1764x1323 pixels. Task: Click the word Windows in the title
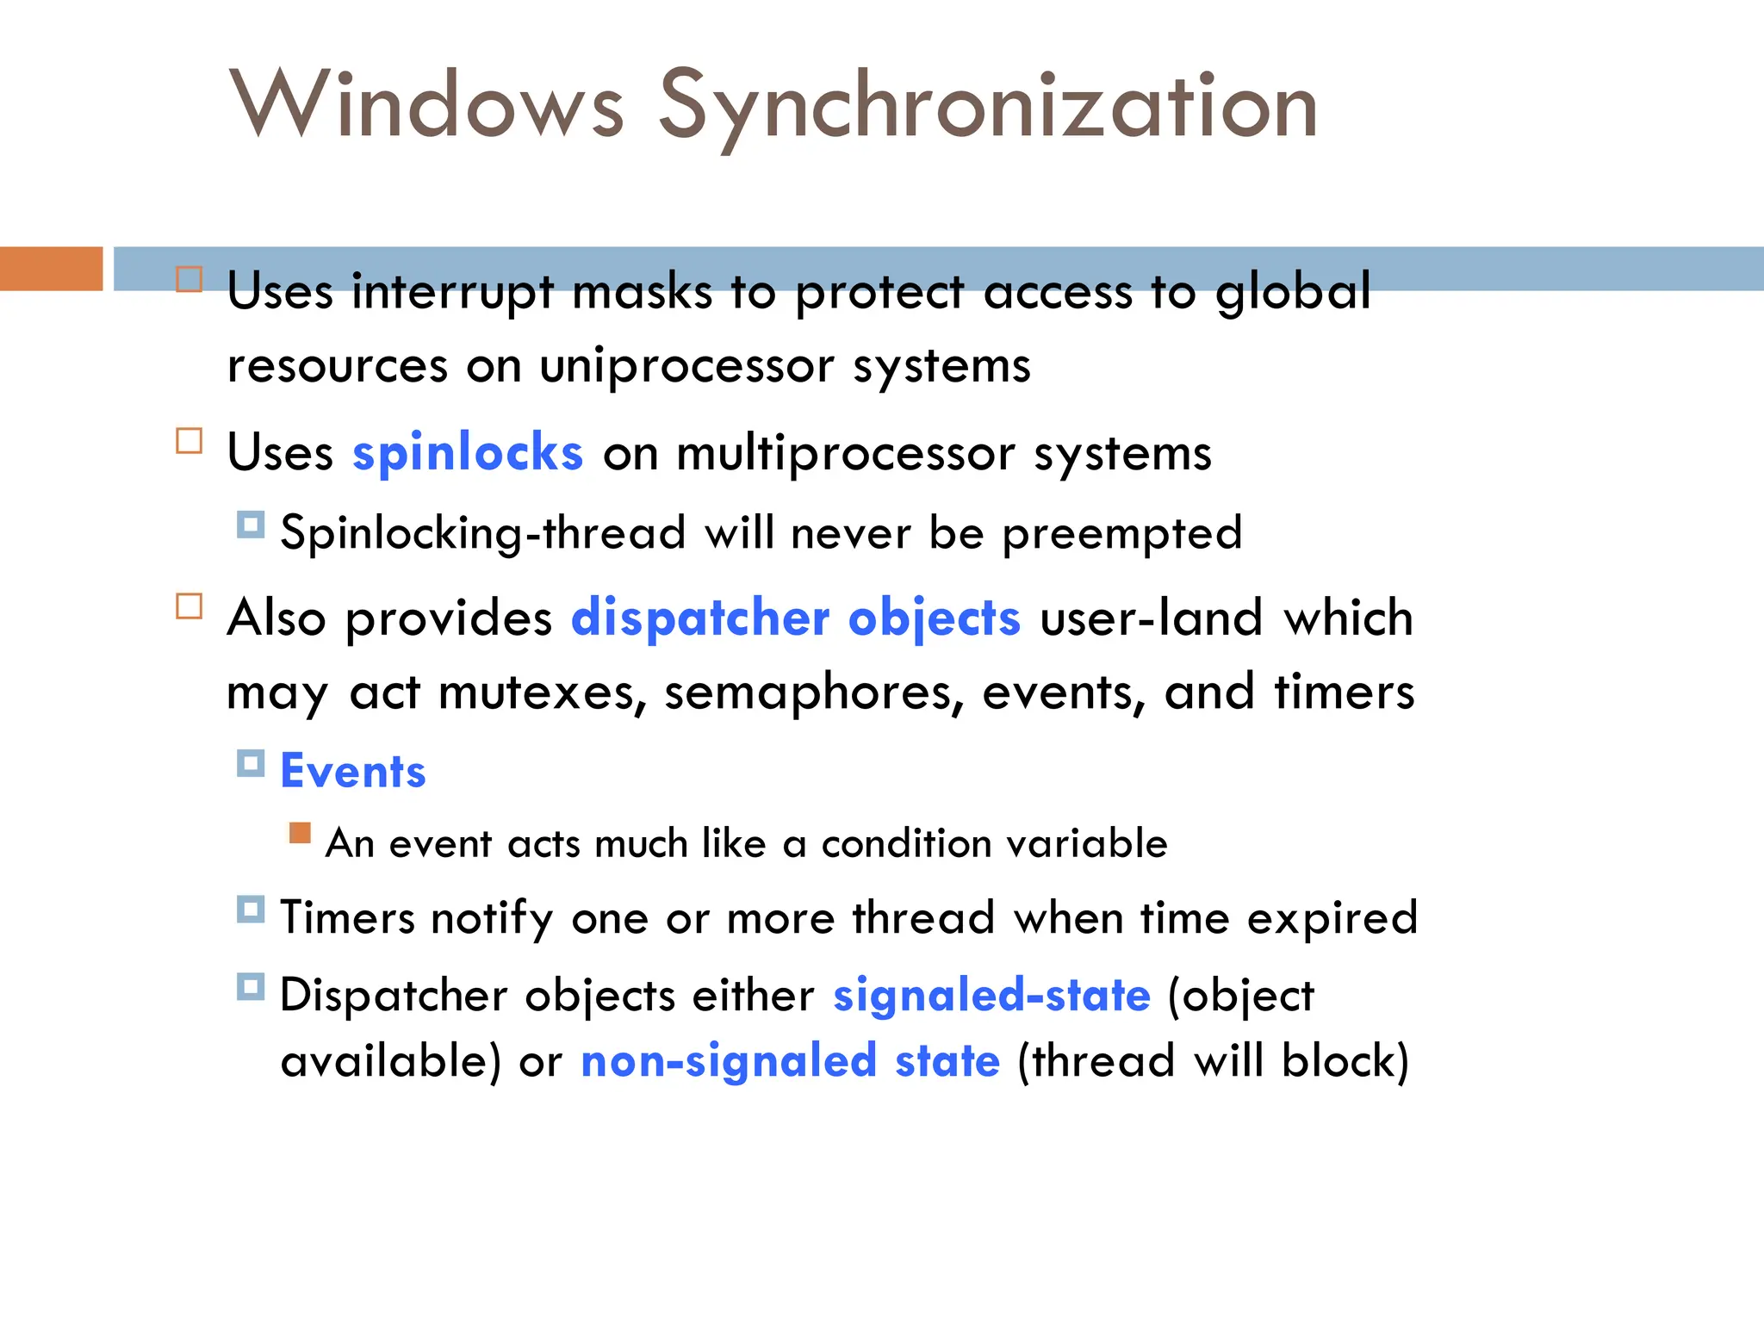tap(426, 105)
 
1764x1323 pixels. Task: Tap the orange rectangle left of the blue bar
tap(51, 269)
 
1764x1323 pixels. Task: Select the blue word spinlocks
tap(468, 453)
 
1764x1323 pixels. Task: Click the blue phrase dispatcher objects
tap(796, 618)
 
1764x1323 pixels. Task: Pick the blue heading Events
tap(353, 771)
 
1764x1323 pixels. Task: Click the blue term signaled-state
tap(991, 996)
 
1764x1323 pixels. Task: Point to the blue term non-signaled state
tap(791, 1061)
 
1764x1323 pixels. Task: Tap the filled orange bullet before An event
tap(300, 833)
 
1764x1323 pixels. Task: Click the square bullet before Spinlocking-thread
tap(251, 525)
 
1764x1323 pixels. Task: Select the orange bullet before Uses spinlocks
tap(189, 441)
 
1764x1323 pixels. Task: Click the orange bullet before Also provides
tap(189, 606)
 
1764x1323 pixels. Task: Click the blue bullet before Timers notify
tap(251, 910)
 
